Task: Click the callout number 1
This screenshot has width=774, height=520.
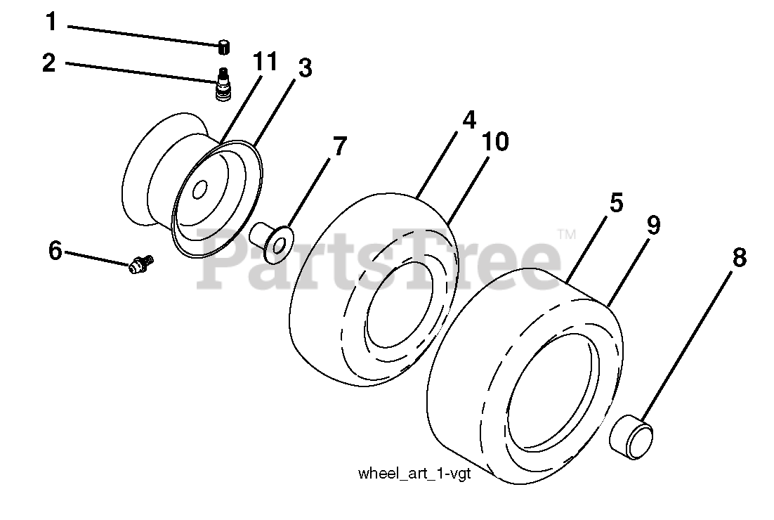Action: (x=51, y=22)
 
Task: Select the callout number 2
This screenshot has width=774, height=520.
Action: (x=48, y=63)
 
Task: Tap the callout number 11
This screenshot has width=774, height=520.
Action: (x=265, y=62)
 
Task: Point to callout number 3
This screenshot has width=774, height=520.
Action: (x=304, y=68)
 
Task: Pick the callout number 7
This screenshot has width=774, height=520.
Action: (x=339, y=146)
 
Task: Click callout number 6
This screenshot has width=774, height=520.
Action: (x=55, y=249)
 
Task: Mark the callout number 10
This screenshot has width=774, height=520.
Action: (x=495, y=143)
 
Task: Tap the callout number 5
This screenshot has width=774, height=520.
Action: (x=615, y=204)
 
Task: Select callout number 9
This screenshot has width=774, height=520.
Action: (x=652, y=225)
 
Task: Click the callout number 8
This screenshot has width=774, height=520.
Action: (x=739, y=258)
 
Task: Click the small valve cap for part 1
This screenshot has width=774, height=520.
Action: (x=223, y=47)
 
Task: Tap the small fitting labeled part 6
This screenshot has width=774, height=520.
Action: (x=141, y=265)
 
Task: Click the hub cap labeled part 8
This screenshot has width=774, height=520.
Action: (x=630, y=436)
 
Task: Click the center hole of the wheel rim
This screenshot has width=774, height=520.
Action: (x=199, y=190)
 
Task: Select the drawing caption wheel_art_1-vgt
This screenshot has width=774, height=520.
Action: (x=414, y=473)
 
